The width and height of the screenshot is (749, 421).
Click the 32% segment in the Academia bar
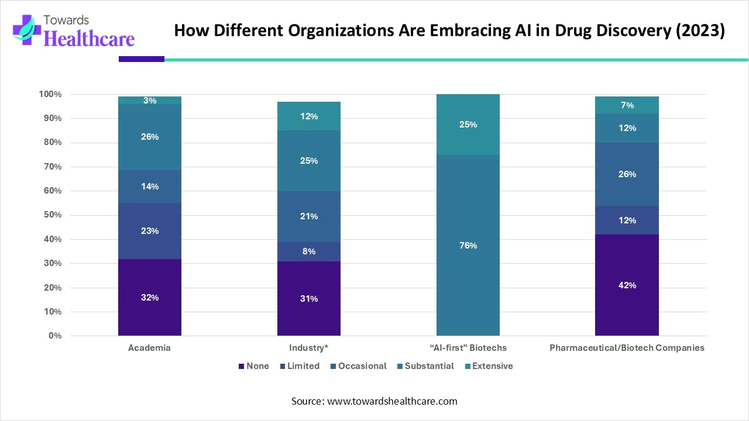click(149, 297)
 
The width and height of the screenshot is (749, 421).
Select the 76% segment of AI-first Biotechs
click(468, 246)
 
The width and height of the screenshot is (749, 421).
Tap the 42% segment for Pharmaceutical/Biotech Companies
click(627, 285)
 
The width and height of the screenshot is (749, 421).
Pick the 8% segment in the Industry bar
click(309, 251)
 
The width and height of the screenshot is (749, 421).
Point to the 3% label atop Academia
click(150, 101)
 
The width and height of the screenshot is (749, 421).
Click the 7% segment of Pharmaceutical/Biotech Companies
click(627, 105)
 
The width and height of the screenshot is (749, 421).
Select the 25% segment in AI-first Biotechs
click(468, 125)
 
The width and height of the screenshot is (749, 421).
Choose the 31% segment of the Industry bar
click(309, 298)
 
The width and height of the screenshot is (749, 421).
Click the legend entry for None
click(253, 366)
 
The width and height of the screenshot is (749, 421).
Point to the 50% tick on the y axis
click(51, 215)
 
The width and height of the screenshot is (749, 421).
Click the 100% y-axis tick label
click(50, 94)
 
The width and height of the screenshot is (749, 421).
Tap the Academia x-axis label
click(149, 348)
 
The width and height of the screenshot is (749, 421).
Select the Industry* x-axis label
click(308, 348)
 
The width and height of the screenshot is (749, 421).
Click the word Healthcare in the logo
click(89, 38)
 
